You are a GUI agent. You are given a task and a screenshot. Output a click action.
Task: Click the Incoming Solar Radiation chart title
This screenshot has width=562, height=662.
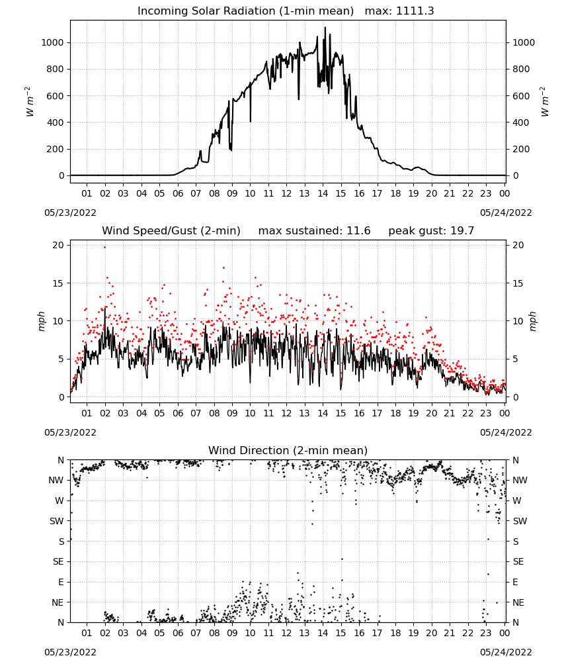pyautogui.click(x=245, y=11)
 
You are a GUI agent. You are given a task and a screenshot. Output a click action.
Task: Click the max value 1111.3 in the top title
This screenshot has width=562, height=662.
pyautogui.click(x=415, y=11)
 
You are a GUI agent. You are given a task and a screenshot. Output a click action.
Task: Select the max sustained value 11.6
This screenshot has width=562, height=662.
pyautogui.click(x=358, y=231)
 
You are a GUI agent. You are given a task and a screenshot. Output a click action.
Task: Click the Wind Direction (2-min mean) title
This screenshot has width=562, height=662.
pyautogui.click(x=288, y=450)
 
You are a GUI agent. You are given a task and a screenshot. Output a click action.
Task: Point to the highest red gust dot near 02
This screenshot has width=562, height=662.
pyautogui.click(x=105, y=248)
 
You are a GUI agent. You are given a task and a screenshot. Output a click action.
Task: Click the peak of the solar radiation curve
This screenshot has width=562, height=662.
pyautogui.click(x=325, y=28)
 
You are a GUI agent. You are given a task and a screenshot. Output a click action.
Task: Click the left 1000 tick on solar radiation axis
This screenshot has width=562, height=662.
pyautogui.click(x=52, y=42)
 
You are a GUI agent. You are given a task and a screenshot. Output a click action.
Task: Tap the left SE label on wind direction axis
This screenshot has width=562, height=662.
pyautogui.click(x=58, y=562)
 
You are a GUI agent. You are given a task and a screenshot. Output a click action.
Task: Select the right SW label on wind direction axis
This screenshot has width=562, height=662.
pyautogui.click(x=520, y=522)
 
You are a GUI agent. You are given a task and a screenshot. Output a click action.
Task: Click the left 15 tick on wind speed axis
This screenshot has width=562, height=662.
pyautogui.click(x=58, y=283)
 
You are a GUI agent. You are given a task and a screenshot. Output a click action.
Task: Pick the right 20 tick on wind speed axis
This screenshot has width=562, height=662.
pyautogui.click(x=518, y=246)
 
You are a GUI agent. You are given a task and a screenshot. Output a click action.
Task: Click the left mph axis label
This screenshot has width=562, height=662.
pyautogui.click(x=41, y=321)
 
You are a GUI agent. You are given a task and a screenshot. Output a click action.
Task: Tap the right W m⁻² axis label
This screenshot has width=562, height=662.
pyautogui.click(x=543, y=102)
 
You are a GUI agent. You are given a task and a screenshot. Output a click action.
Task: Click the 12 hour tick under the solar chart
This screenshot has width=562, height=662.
pyautogui.click(x=286, y=193)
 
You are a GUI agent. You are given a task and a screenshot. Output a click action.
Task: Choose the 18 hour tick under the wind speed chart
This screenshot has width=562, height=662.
pyautogui.click(x=395, y=413)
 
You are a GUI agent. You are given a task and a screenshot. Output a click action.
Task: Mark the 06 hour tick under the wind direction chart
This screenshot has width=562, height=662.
pyautogui.click(x=178, y=634)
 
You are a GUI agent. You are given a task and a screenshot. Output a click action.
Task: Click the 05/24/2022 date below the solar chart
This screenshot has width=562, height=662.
pyautogui.click(x=506, y=213)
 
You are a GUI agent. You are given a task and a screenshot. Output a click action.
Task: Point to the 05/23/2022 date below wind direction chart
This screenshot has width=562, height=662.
pyautogui.click(x=70, y=652)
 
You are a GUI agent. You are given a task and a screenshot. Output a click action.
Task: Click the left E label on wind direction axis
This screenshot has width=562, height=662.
pyautogui.click(x=61, y=582)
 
